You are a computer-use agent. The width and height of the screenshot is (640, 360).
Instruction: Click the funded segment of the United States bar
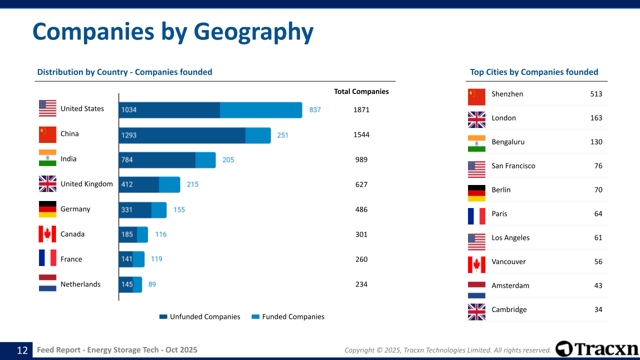(x=261, y=110)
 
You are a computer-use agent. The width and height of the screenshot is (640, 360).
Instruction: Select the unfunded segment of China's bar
(x=182, y=135)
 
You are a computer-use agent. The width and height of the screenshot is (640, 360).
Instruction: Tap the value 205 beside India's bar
(x=228, y=160)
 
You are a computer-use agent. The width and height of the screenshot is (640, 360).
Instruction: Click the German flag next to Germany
(x=47, y=209)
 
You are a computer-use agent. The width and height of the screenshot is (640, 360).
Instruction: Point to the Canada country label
(x=72, y=234)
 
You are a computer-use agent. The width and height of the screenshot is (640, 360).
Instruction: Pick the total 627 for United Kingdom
(x=361, y=184)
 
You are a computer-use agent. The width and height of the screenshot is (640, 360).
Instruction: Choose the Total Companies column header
(x=361, y=91)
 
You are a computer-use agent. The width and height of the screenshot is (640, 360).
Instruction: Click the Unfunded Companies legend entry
(x=199, y=316)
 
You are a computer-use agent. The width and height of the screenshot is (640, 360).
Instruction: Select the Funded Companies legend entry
(x=287, y=316)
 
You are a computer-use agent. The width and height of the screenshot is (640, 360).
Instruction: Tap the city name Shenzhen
(x=507, y=94)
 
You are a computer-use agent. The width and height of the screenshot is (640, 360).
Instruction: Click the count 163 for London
(x=596, y=118)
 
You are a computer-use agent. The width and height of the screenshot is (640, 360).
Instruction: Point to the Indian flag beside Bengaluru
(x=476, y=143)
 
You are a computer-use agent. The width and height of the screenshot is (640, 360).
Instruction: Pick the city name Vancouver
(x=508, y=261)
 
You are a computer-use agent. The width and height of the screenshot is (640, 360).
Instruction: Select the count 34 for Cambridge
(x=598, y=309)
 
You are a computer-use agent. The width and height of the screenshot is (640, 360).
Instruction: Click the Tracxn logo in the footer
(x=597, y=349)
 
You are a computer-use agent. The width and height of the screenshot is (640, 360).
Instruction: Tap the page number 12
(x=22, y=350)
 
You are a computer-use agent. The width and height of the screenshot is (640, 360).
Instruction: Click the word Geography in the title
(x=253, y=31)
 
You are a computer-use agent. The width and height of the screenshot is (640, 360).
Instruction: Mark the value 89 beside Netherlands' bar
(x=152, y=284)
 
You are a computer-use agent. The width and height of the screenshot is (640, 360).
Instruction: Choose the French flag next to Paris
(x=476, y=216)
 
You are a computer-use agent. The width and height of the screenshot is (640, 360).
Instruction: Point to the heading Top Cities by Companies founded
(x=534, y=72)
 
